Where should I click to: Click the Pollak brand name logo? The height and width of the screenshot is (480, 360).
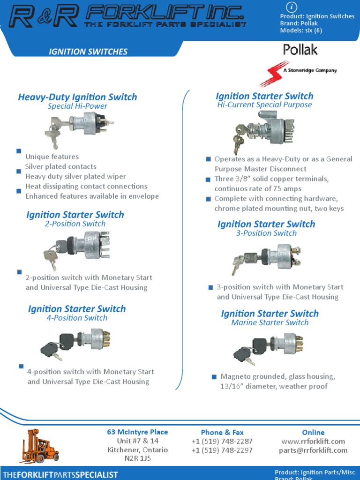pos(300,50)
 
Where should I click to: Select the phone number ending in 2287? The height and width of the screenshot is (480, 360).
pos(222,441)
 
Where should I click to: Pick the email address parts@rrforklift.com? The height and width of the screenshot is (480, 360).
pos(313,450)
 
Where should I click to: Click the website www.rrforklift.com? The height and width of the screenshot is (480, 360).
pos(313,441)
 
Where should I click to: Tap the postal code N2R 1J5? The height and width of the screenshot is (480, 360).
pos(138,459)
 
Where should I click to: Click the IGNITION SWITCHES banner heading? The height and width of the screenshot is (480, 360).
pos(88,52)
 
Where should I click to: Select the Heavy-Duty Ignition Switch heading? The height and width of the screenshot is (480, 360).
pos(77,97)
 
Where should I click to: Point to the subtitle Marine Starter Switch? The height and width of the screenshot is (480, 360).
pos(270,322)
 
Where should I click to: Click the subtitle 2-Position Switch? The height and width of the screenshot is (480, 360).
pos(75,224)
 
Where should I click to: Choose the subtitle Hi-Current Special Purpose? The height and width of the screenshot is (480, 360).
pos(264,105)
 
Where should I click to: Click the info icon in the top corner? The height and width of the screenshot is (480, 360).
pos(292,7)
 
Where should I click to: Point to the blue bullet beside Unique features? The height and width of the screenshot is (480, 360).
pos(19,151)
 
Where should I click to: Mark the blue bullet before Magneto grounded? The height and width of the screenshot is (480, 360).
pos(214,376)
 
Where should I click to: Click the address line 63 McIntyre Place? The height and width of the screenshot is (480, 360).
pos(137,432)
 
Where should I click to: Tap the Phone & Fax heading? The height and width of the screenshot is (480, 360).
pos(222,432)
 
